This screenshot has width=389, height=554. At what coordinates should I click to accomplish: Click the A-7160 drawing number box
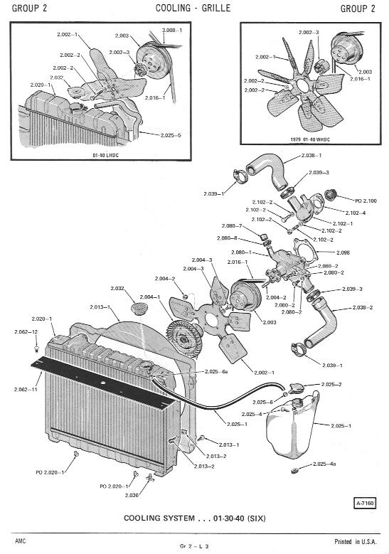(x=365, y=502)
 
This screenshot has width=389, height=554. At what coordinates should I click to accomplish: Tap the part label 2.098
(x=343, y=252)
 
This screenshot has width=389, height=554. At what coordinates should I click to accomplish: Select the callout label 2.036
(x=132, y=496)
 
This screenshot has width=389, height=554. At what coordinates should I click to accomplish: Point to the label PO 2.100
(x=366, y=201)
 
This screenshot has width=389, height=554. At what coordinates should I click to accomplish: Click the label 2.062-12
(x=26, y=332)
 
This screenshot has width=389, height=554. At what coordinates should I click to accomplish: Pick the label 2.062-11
(x=26, y=389)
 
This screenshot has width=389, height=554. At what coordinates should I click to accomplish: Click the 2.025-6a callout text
(x=216, y=371)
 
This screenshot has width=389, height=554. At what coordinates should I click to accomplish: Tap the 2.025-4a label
(x=324, y=464)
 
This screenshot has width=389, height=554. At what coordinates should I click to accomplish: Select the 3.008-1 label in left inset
(x=172, y=30)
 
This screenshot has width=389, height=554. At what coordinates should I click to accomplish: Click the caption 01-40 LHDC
(x=106, y=155)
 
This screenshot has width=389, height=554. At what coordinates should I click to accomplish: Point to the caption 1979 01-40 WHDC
(x=310, y=139)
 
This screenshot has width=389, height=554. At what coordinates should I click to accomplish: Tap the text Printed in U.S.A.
(x=356, y=541)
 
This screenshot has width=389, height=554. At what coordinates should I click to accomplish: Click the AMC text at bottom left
(x=21, y=541)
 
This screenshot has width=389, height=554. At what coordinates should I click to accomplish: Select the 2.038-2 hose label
(x=363, y=307)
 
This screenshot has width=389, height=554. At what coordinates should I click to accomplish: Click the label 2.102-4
(x=356, y=213)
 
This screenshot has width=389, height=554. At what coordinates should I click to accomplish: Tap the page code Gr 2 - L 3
(x=194, y=546)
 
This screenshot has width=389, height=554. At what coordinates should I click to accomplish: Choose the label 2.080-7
(x=232, y=225)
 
